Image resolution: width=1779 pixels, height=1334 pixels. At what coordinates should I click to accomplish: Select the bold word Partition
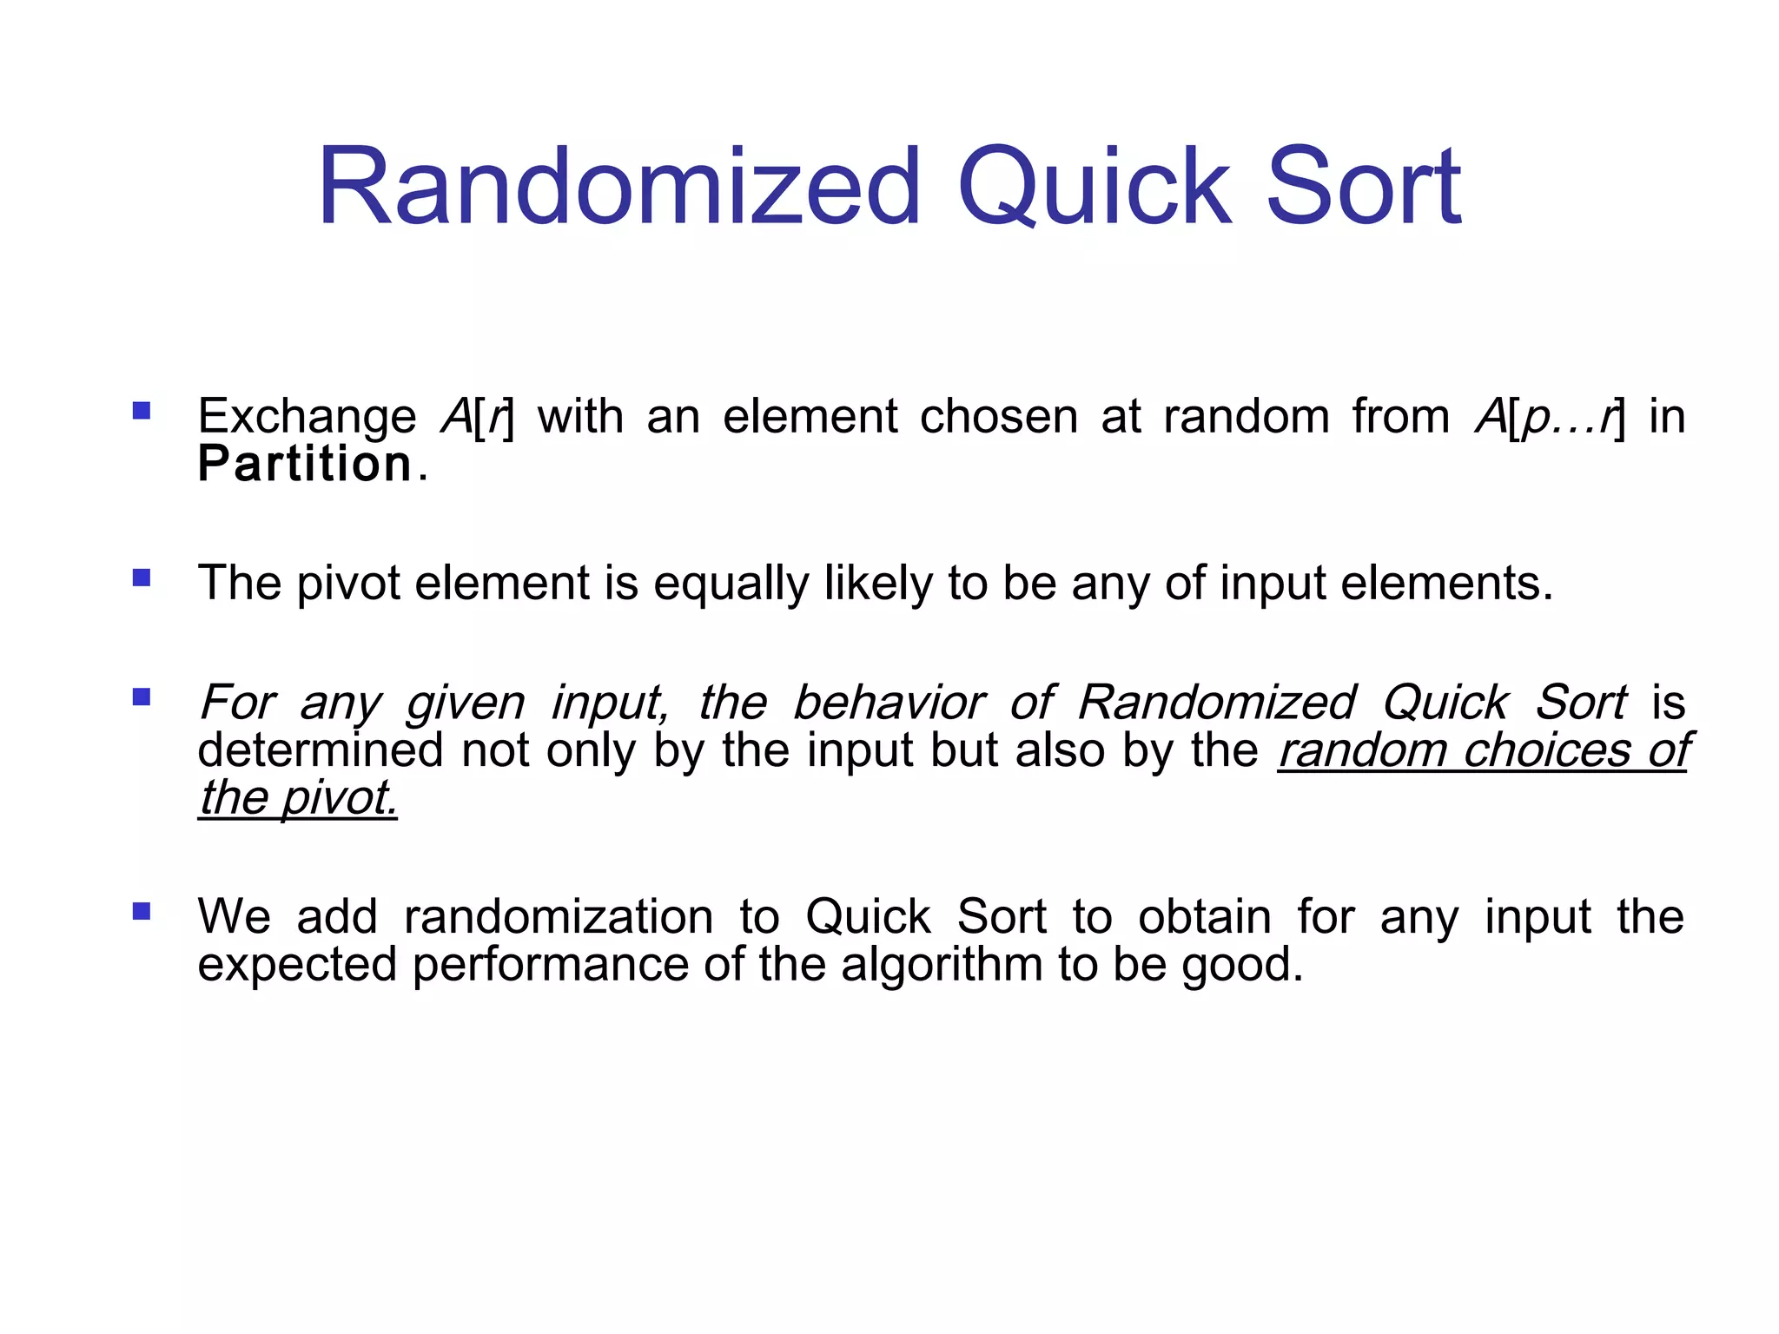click(x=305, y=464)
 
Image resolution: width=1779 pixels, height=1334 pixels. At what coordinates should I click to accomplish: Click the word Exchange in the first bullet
click(x=307, y=417)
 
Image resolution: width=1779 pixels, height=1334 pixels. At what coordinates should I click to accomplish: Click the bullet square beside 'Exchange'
click(x=142, y=410)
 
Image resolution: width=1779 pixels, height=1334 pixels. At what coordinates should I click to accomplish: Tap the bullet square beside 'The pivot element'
click(x=142, y=578)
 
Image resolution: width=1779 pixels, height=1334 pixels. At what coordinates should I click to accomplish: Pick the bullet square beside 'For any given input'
click(x=142, y=697)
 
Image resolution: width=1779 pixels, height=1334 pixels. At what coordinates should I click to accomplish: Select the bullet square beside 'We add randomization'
click(x=142, y=911)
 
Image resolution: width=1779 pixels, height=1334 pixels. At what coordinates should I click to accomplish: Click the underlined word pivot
click(x=339, y=797)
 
